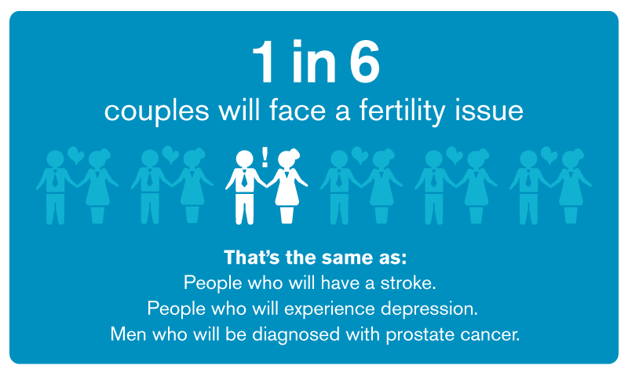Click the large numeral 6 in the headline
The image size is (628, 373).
[x=364, y=61]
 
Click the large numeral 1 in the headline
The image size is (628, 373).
[x=264, y=61]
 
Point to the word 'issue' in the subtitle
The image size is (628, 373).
[x=488, y=110]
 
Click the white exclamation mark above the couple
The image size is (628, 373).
[x=265, y=156]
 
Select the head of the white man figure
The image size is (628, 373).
[x=244, y=159]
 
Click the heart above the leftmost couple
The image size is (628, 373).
[x=75, y=155]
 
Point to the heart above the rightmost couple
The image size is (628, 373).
[x=549, y=155]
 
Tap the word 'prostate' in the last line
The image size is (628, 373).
[x=419, y=335]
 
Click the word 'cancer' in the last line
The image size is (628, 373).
[x=487, y=335]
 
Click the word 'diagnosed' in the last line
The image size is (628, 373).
[x=296, y=335]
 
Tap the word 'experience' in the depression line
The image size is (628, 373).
[x=330, y=309]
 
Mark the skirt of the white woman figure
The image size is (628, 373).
[x=287, y=195]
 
